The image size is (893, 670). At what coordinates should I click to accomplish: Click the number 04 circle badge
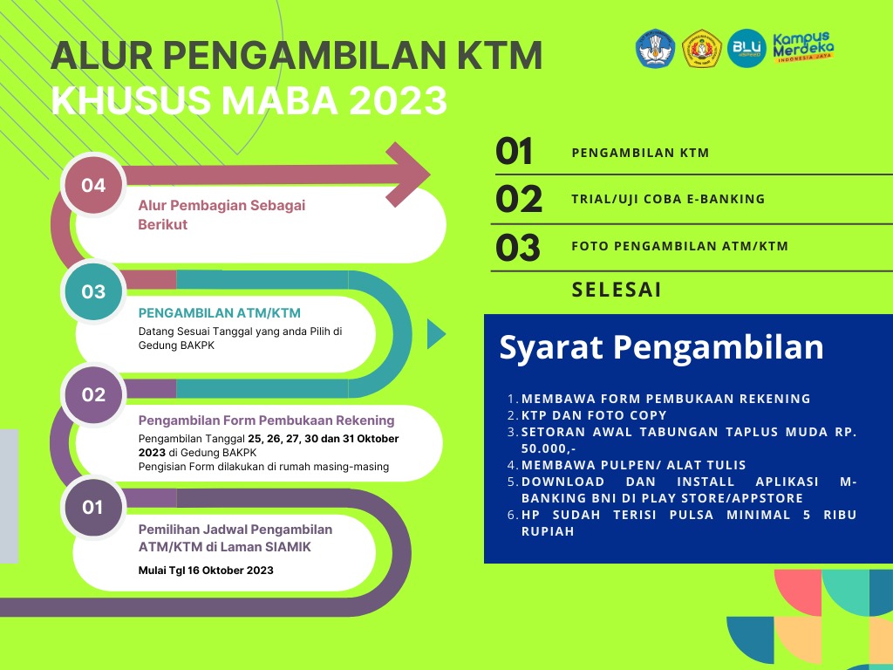93,185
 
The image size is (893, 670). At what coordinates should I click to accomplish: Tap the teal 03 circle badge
93,291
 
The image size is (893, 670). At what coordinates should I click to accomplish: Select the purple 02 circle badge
93,394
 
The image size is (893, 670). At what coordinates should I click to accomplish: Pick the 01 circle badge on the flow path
92,507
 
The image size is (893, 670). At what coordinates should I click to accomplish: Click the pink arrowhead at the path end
407,174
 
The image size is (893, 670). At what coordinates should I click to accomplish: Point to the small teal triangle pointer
436,334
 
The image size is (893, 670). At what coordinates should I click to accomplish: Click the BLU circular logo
746,49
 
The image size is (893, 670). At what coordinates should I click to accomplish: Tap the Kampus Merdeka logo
803,47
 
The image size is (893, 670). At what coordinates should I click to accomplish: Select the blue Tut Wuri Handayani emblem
655,49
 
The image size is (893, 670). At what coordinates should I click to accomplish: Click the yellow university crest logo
702,49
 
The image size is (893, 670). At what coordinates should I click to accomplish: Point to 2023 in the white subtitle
398,100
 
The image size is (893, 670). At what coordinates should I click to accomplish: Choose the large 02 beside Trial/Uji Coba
518,199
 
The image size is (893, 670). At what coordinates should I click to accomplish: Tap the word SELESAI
617,290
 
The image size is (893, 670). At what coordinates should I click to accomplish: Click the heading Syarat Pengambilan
661,346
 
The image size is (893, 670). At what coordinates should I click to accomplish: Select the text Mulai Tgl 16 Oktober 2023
206,571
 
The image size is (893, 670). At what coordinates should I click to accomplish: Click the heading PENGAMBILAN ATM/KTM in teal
219,313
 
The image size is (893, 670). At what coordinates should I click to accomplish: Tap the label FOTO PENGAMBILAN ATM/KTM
680,246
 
